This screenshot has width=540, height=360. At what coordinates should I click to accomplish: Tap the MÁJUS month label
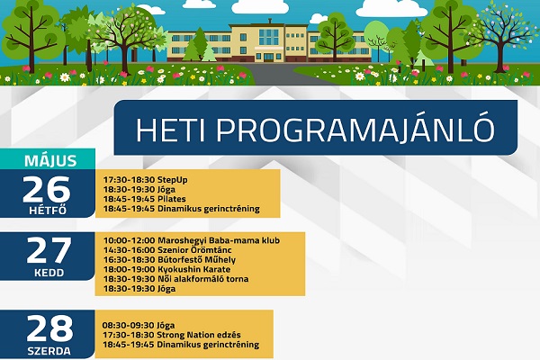click(50, 161)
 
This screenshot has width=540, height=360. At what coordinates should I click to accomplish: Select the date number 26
click(47, 189)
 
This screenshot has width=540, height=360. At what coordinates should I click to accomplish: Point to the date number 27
click(49, 250)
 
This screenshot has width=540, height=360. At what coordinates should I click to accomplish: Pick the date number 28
click(49, 328)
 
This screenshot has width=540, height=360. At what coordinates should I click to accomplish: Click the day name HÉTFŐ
click(48, 210)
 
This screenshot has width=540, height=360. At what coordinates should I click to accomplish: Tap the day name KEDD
click(49, 273)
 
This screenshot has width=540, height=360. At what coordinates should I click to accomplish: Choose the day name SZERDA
click(49, 351)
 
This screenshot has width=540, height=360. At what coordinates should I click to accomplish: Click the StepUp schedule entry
click(146, 180)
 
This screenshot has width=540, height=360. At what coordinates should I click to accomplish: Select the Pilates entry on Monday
click(145, 199)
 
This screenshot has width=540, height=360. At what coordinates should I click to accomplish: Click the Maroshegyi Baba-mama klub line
click(192, 240)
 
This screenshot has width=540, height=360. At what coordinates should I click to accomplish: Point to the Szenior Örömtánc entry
click(167, 250)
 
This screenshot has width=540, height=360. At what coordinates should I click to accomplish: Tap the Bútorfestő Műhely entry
click(170, 260)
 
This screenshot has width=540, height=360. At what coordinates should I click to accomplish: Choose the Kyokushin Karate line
click(167, 269)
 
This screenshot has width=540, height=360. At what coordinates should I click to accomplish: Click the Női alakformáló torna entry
click(176, 279)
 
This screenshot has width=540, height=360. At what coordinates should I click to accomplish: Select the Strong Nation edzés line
click(172, 335)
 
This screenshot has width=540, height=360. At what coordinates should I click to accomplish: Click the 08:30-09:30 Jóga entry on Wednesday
click(139, 325)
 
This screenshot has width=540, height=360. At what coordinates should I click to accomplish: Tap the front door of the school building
click(268, 58)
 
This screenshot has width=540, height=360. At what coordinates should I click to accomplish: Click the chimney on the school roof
click(270, 21)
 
